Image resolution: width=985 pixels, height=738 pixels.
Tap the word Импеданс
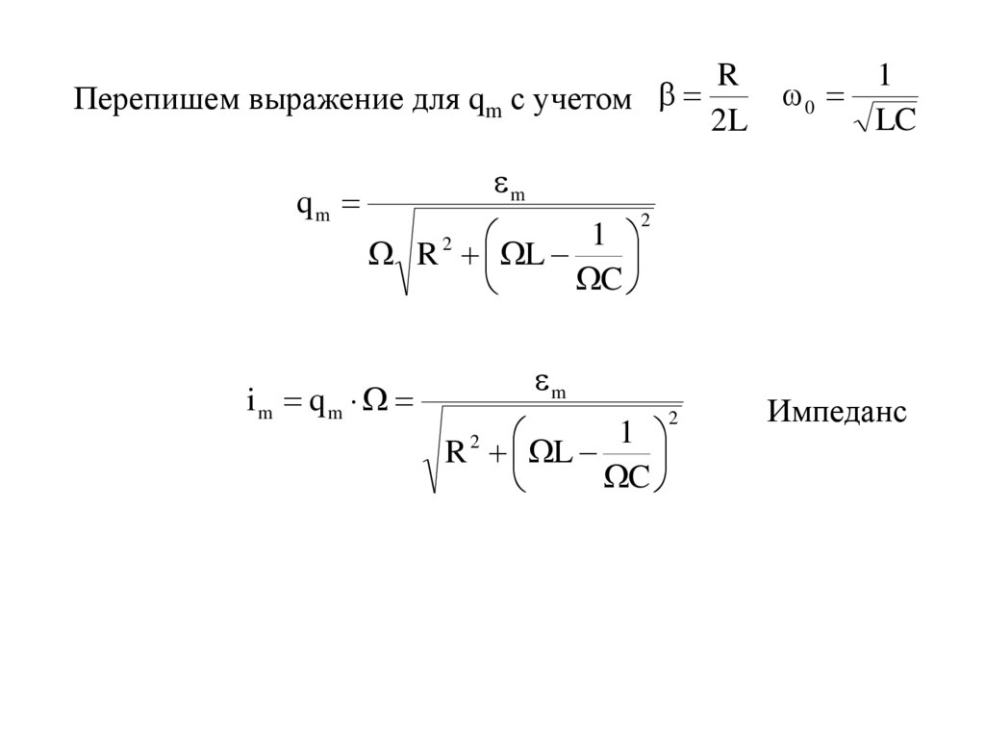point(837,412)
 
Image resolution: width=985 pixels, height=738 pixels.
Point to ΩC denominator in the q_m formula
point(598,277)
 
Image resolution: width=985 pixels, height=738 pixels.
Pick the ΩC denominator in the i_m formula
point(626,475)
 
